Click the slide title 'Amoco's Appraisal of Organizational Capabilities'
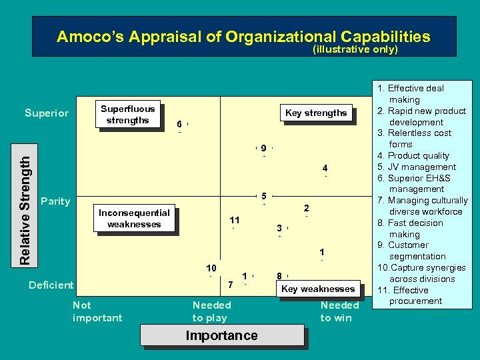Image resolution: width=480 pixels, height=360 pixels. click(243, 37)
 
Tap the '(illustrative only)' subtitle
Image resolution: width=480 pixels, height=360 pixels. click(355, 50)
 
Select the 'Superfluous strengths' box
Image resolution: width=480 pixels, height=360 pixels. click(127, 114)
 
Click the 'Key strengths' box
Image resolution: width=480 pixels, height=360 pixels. click(316, 113)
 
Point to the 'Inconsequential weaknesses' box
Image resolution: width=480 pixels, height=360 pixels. click(134, 219)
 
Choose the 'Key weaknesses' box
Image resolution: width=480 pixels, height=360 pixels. click(318, 289)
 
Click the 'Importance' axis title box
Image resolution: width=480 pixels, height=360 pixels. click(221, 335)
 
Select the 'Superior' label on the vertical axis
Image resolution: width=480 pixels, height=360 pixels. click(47, 113)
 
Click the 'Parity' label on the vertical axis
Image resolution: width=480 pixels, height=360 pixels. click(55, 201)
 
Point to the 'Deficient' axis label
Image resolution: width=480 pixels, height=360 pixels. click(51, 285)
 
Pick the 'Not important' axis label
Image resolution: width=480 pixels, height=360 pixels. click(97, 311)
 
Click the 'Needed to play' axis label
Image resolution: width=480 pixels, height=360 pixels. click(211, 311)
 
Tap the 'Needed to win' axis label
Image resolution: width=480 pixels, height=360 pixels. click(339, 311)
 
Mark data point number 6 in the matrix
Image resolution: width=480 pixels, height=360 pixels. click(179, 125)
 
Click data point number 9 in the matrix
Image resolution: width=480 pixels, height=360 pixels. click(264, 148)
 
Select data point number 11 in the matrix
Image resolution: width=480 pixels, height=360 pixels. click(234, 221)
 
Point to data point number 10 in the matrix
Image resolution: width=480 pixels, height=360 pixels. click(211, 268)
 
